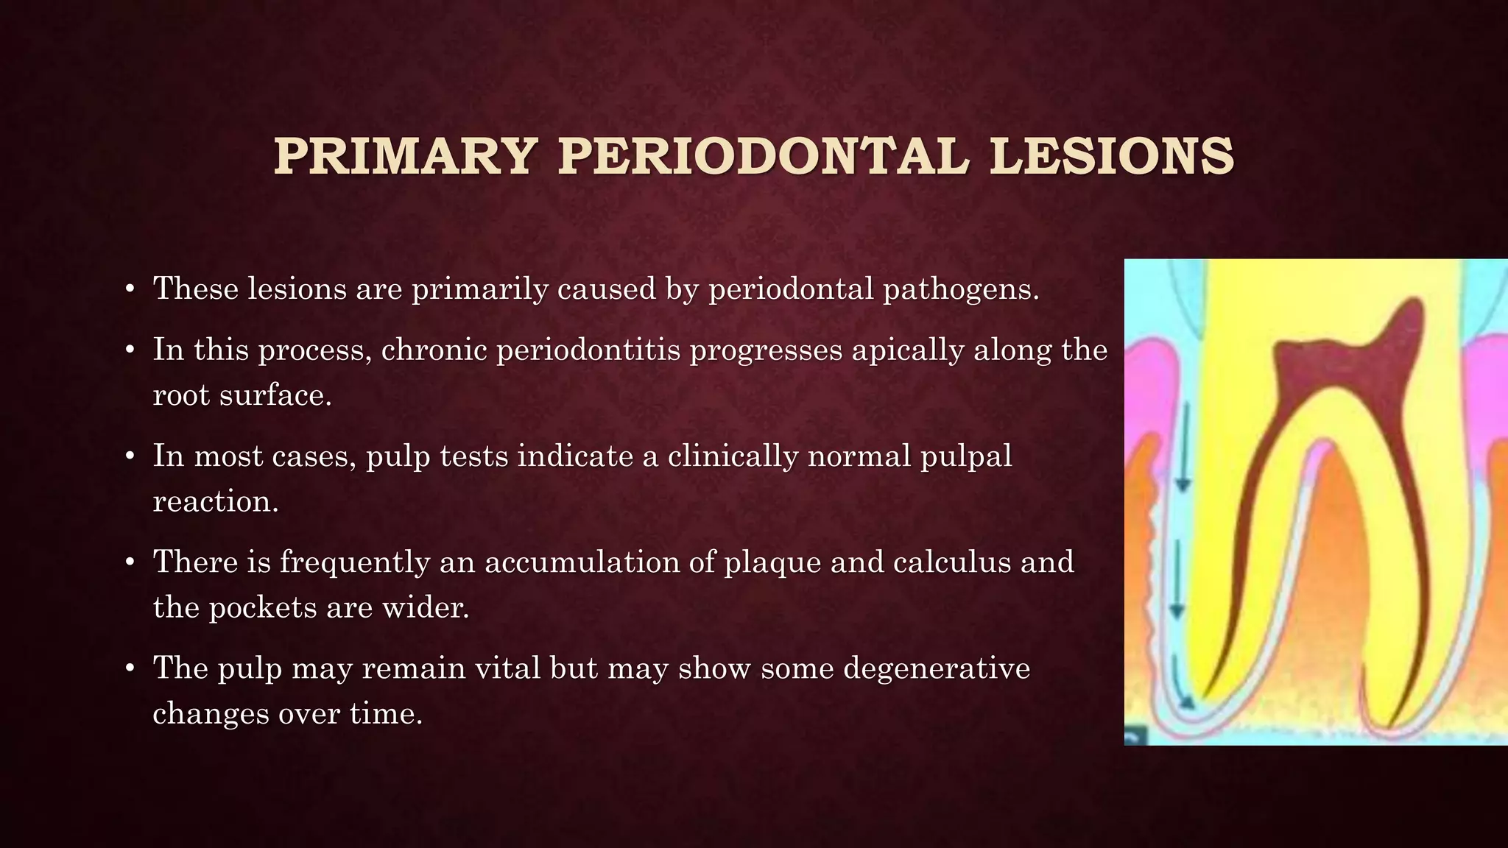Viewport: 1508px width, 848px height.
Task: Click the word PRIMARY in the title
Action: coord(404,157)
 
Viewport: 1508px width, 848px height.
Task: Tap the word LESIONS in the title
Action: coord(1111,157)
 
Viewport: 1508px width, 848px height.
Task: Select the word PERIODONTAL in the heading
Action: coord(762,157)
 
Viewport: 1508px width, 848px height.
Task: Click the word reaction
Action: coord(216,502)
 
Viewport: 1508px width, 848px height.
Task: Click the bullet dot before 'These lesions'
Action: coord(130,289)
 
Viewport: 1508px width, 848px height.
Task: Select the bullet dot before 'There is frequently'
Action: coord(130,563)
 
